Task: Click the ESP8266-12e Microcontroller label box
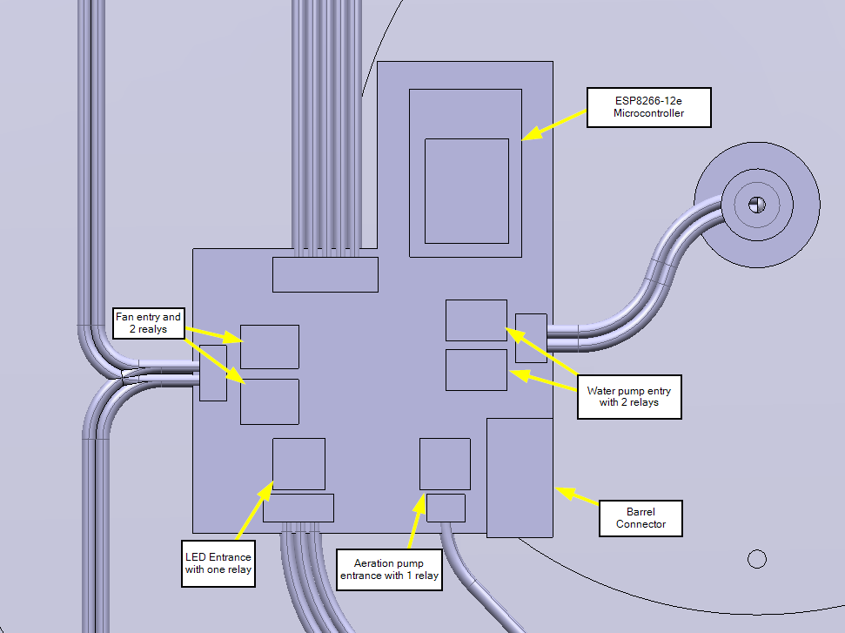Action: (648, 107)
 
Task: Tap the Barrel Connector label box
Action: (640, 517)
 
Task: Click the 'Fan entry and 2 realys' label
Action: (148, 324)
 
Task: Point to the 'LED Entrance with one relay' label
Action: (218, 563)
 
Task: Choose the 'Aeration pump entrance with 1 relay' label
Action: (388, 569)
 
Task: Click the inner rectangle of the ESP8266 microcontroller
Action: (466, 191)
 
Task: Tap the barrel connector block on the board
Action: (520, 477)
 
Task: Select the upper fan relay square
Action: (270, 347)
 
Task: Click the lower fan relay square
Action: (270, 401)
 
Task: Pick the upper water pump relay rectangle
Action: (476, 320)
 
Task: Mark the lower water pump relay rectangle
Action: (476, 369)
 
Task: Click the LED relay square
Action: (298, 464)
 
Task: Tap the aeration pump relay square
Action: (445, 464)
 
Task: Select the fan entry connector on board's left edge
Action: (212, 373)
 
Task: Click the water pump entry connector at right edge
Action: (531, 338)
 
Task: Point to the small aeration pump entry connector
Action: (446, 507)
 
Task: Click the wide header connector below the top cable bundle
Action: (325, 274)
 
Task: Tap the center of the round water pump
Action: (756, 204)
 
